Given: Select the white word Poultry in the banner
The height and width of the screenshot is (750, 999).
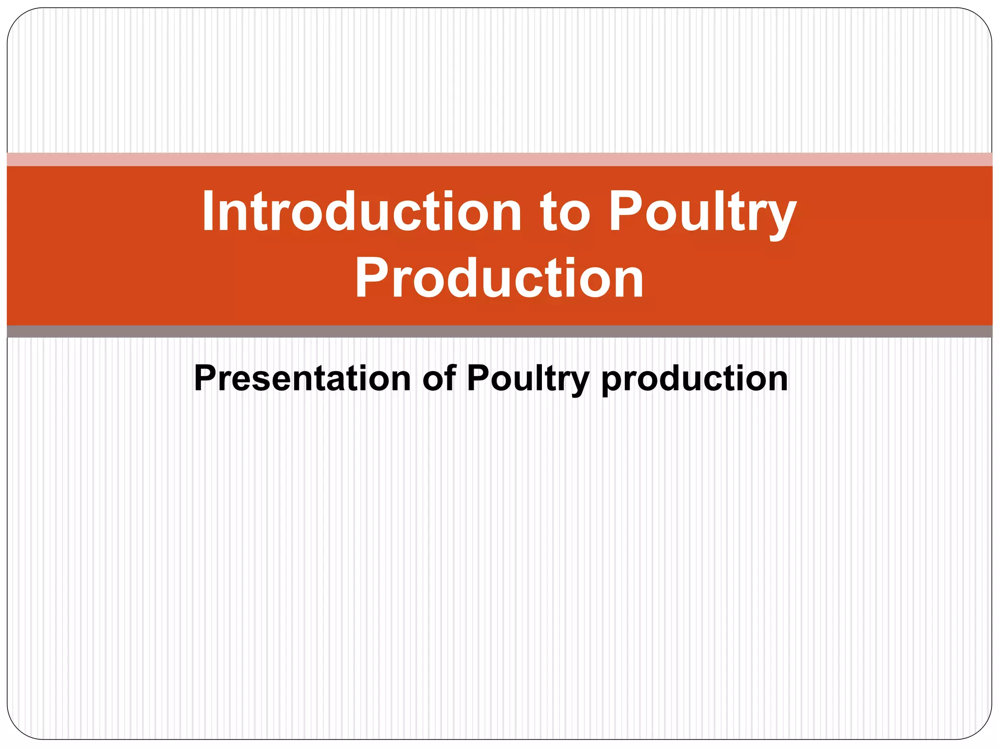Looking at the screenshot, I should [x=702, y=212].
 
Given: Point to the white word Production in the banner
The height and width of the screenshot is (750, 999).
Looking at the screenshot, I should [x=499, y=278].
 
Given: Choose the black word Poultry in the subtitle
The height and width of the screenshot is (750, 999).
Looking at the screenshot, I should [x=528, y=379].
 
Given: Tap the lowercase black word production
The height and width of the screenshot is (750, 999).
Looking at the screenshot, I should [x=695, y=379].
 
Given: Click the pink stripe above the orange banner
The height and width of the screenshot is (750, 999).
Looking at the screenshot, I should [x=499, y=160].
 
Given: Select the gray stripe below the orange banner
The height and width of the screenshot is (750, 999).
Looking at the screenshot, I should [x=499, y=332].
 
